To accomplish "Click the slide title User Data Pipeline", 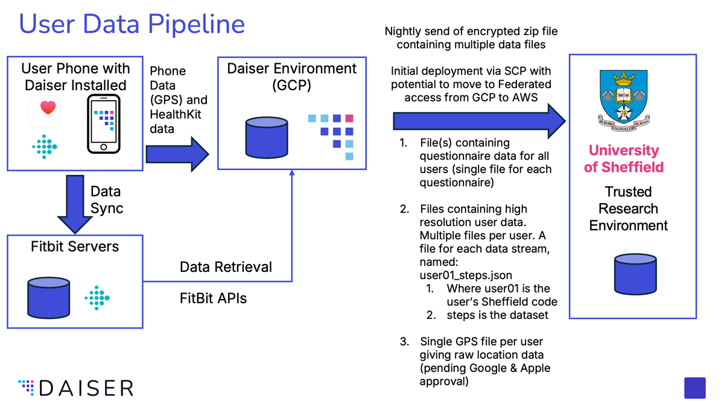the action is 132,24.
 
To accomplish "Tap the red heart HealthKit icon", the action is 48,107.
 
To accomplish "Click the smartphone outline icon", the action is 104,124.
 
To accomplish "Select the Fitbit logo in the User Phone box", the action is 45,147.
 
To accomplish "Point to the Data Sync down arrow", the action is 75,204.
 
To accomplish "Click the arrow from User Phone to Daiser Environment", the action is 177,154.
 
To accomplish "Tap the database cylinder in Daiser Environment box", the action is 267,137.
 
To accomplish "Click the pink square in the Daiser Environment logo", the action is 349,118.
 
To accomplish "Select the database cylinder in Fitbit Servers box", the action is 49,298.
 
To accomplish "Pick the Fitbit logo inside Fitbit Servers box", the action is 97,298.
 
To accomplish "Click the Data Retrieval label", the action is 226,267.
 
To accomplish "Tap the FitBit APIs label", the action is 213,298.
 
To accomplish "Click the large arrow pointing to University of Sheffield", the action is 479,121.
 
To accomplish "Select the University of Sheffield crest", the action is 623,101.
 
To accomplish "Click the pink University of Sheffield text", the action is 623,159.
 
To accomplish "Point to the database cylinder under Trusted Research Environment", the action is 635,274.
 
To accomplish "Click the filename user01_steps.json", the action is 466,275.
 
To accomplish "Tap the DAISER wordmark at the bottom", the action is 75,388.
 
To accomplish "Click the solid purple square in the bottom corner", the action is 695,388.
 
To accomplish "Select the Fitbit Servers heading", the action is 75,247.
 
